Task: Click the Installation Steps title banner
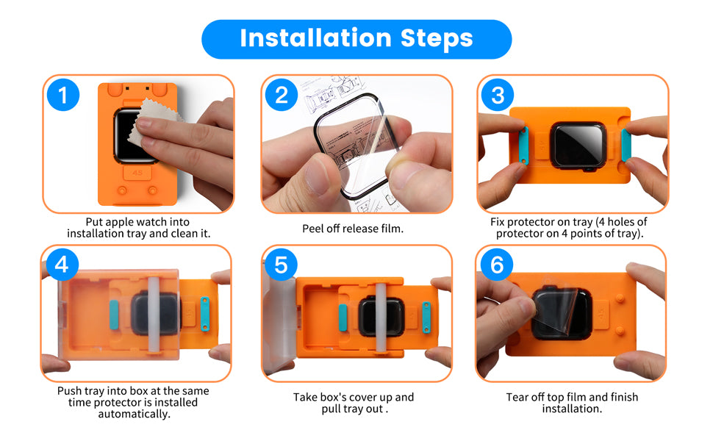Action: (x=356, y=38)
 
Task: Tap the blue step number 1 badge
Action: (x=62, y=96)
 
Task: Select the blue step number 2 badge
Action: (x=280, y=96)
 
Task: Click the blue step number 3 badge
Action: (x=498, y=96)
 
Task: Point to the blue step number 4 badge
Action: (x=62, y=265)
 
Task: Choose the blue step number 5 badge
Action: (x=281, y=265)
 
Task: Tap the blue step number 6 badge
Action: (x=497, y=265)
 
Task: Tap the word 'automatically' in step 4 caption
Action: (x=134, y=414)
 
